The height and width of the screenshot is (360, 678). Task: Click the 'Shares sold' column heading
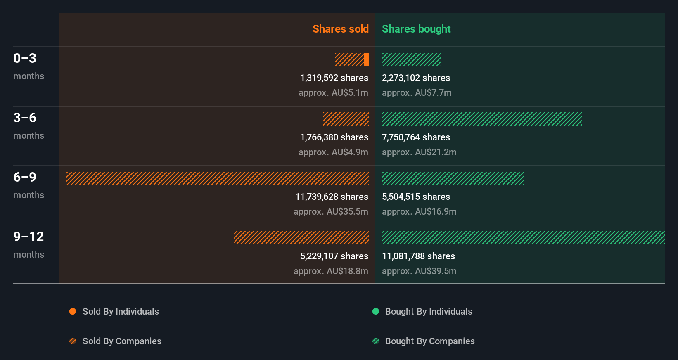coord(340,29)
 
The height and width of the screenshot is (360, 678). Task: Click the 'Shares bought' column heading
coord(416,29)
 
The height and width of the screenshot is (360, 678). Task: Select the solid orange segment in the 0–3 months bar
coord(366,59)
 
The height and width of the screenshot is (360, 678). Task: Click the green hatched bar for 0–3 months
coord(411,59)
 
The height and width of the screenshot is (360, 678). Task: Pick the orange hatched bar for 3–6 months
coord(346,119)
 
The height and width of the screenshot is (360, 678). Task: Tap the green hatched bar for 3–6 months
coord(481,119)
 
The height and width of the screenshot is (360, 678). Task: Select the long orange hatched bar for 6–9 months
coord(217,178)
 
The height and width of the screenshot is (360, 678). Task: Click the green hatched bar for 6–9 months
coord(453,178)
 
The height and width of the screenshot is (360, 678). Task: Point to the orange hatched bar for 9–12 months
coord(301,238)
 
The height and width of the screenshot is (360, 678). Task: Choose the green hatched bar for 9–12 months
coord(523,238)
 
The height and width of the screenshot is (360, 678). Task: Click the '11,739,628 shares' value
coord(332,197)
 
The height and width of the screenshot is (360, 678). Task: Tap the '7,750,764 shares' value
coord(416,137)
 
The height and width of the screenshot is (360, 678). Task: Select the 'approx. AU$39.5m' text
coord(419,271)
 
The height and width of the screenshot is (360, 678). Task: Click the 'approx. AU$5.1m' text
coord(333,92)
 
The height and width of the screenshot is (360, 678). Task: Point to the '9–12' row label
coord(28,237)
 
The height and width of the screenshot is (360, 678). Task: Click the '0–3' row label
coord(25,58)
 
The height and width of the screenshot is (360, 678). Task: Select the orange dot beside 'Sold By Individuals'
coord(73,311)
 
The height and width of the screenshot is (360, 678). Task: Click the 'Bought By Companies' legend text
coord(430,341)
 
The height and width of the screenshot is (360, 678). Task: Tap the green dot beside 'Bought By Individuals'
coord(376,311)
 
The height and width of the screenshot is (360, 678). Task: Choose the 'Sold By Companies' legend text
coord(122,341)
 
